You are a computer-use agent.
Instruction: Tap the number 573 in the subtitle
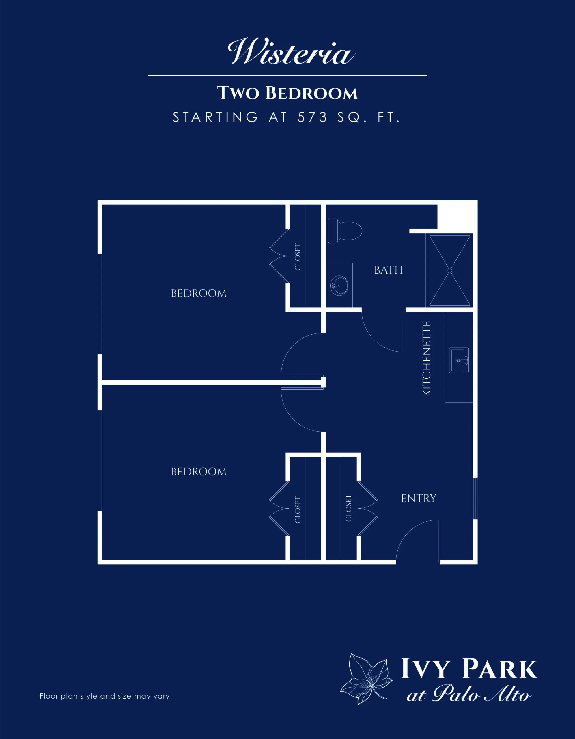pyautogui.click(x=312, y=117)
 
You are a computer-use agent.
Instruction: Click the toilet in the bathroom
pyautogui.click(x=345, y=231)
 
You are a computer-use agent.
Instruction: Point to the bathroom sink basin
pyautogui.click(x=339, y=285)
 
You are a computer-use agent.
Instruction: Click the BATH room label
pyautogui.click(x=388, y=270)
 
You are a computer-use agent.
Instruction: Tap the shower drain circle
pyautogui.click(x=450, y=270)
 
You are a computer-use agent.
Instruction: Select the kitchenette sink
pyautogui.click(x=459, y=360)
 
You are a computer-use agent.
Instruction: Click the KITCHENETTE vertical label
pyautogui.click(x=426, y=358)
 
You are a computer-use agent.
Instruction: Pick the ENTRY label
pyautogui.click(x=419, y=499)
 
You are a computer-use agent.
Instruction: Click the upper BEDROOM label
pyautogui.click(x=199, y=293)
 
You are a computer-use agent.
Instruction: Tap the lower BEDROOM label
pyautogui.click(x=199, y=472)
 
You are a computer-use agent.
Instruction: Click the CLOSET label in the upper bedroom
pyautogui.click(x=298, y=257)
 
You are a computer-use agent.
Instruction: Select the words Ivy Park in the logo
pyautogui.click(x=469, y=669)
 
